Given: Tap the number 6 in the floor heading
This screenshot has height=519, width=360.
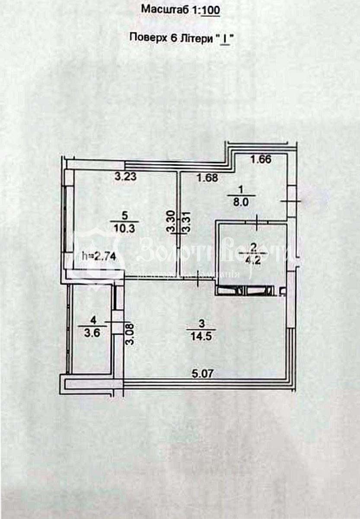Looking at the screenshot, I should (169, 38).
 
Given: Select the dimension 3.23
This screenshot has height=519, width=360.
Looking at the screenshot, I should (125, 176).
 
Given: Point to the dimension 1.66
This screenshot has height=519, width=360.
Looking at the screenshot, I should (261, 159).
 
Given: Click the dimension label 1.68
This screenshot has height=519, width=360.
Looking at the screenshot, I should (207, 177).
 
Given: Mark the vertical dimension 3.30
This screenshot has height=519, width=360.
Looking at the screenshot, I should (172, 223).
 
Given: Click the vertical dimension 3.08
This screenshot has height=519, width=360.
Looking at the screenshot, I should (129, 334).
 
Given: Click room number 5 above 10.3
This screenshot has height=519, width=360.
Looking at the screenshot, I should (125, 215).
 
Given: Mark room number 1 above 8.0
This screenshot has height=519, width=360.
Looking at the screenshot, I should (241, 189).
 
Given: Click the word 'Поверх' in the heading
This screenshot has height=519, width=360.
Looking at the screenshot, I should (145, 38).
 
